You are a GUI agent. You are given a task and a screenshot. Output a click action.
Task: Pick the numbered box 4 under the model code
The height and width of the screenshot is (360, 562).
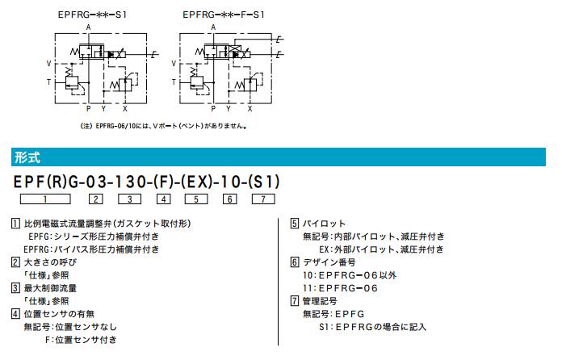pos(163,199)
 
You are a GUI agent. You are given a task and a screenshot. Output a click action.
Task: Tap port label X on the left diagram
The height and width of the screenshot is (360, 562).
pos(125,107)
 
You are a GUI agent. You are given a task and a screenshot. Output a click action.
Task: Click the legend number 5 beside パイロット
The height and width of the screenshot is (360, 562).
pos(294,223)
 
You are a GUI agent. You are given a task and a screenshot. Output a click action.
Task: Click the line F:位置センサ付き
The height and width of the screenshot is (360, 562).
pos(81,340)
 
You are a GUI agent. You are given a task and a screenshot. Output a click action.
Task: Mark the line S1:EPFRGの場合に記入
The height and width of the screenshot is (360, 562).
pos(372,327)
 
